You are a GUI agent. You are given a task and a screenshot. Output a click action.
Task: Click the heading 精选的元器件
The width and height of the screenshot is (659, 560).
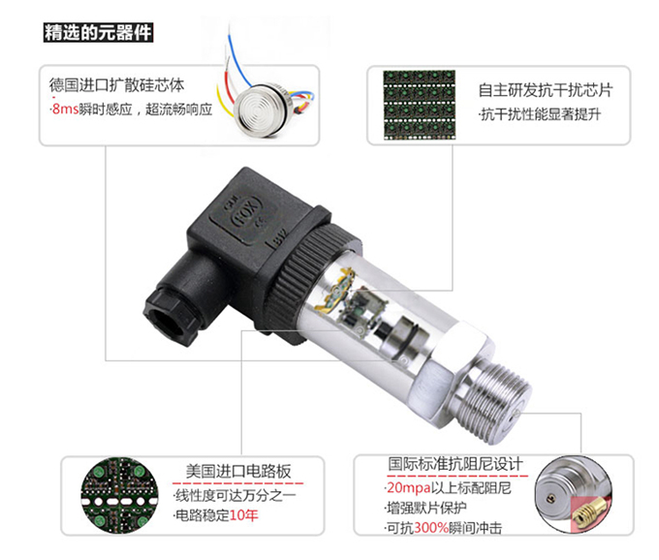(x=98, y=33)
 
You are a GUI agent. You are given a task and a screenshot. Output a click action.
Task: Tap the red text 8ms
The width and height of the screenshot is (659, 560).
(x=65, y=109)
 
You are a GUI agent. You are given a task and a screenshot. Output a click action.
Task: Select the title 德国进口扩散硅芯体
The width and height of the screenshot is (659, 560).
(x=117, y=85)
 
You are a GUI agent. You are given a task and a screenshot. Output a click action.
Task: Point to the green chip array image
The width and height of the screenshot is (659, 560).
(x=419, y=105)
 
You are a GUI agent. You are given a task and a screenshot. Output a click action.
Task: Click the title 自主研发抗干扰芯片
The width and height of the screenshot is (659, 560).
(x=545, y=90)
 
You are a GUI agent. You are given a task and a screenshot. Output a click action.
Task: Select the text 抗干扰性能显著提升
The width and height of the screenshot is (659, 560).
(x=541, y=114)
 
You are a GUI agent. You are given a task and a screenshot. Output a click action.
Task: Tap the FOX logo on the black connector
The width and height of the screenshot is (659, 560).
(x=247, y=218)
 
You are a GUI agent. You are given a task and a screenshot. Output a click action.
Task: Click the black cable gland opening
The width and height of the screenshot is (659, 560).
(x=168, y=320)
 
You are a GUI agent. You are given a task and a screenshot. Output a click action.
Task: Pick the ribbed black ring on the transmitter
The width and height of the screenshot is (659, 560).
(x=309, y=269)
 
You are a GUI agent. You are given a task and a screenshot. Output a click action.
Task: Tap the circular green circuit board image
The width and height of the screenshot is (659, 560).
(x=119, y=496)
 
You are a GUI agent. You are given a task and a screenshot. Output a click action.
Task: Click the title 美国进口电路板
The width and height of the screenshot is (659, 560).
(x=238, y=472)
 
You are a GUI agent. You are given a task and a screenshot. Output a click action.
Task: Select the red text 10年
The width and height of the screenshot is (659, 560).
(x=244, y=515)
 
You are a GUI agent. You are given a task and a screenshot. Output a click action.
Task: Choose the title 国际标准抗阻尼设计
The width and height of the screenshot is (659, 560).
(x=455, y=464)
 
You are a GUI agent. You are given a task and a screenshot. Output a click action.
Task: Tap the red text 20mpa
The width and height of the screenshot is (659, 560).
(x=409, y=487)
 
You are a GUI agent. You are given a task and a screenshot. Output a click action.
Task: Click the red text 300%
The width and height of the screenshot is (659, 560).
(x=431, y=528)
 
